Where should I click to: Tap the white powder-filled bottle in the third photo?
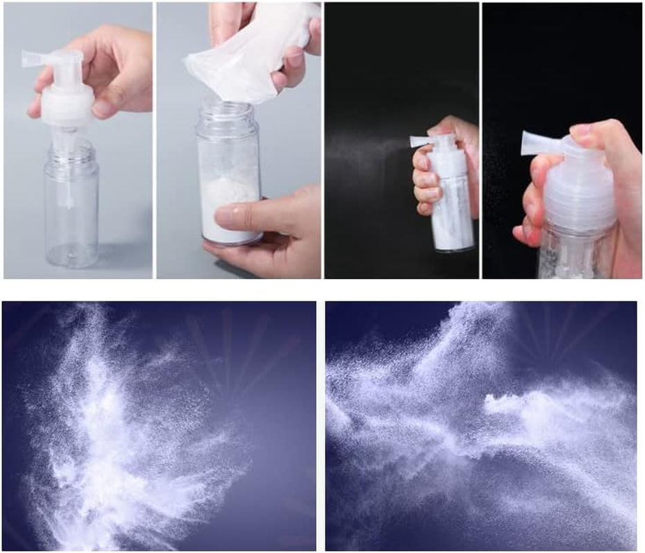point(450,207)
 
